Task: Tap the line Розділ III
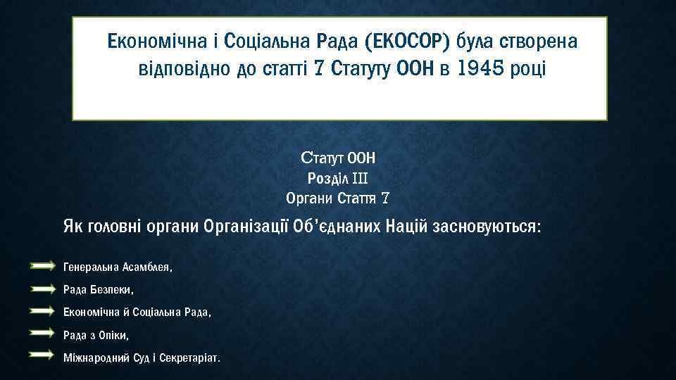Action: [x=338, y=178]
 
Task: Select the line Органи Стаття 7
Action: [x=338, y=198]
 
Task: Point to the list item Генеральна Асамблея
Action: [x=118, y=267]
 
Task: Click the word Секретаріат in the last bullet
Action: [x=193, y=357]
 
